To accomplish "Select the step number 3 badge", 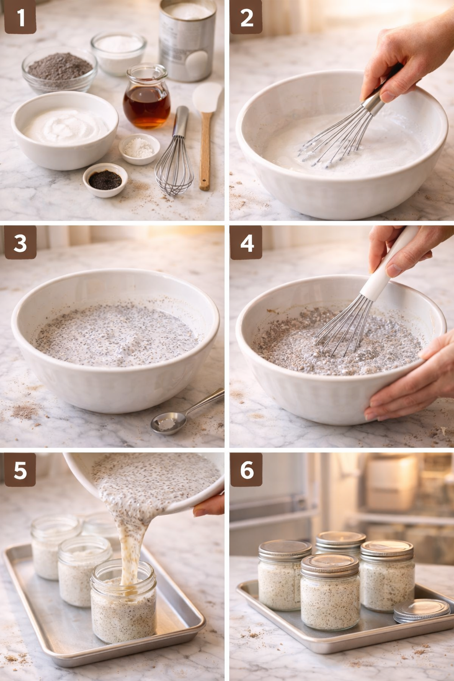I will pos(20,243).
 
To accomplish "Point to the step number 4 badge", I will pos(247,243).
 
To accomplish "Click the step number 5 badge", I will pos(20,470).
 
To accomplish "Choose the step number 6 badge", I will pos(247,470).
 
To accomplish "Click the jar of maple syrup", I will pos(147,98).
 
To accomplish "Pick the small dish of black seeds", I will pos(105,180).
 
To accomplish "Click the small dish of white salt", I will pos(139,149).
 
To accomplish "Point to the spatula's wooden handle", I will pos(205,151).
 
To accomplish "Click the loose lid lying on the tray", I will pos(421,611).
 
